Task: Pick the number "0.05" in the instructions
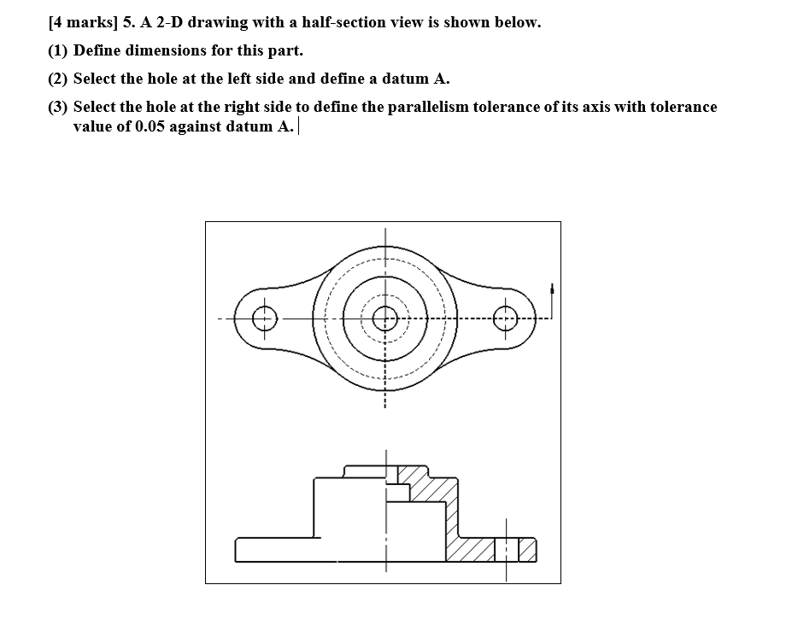(153, 127)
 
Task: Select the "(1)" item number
(58, 50)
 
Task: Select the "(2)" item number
(58, 79)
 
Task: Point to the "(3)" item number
(58, 107)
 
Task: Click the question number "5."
(128, 23)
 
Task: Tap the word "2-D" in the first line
(169, 23)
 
